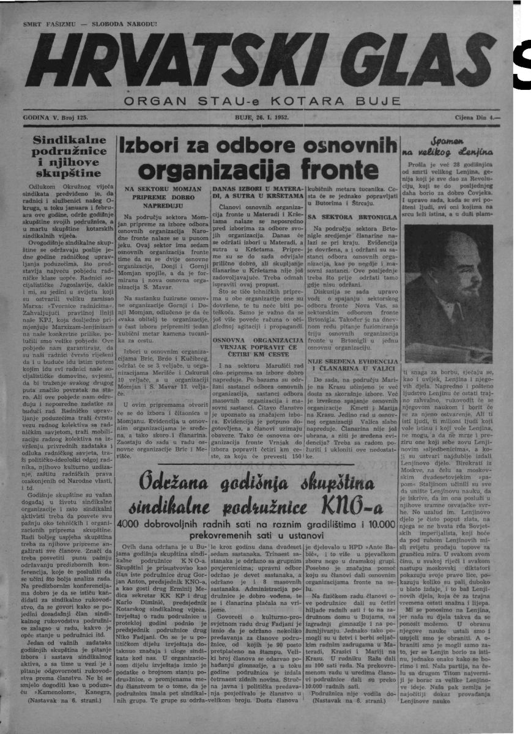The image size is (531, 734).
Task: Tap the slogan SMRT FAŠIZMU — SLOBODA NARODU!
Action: click(x=81, y=24)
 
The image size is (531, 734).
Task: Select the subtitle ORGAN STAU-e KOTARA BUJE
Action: click(x=262, y=100)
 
